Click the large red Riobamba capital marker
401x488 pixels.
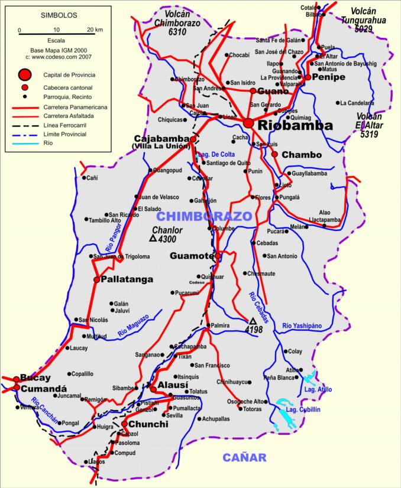coord(248,123)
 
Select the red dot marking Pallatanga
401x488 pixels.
coord(96,279)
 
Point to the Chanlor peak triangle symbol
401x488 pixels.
coord(153,239)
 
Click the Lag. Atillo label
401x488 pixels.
coord(318,389)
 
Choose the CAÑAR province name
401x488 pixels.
coord(244,457)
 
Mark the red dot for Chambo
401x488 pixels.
coord(274,154)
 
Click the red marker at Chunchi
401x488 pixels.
coord(125,424)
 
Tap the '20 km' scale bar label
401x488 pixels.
coord(95,30)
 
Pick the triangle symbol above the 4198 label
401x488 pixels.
coord(253,321)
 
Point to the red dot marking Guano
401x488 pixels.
coord(253,91)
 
